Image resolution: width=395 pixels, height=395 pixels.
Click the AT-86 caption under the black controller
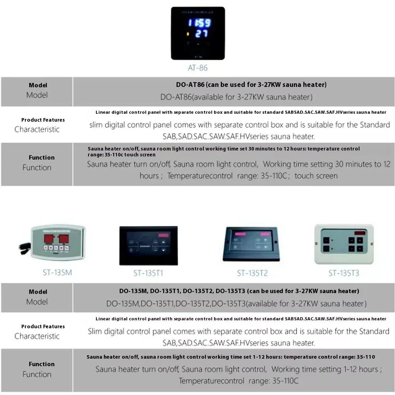(197, 68)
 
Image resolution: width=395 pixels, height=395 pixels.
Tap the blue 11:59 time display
(199, 23)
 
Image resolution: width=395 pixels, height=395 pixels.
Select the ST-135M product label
(57, 272)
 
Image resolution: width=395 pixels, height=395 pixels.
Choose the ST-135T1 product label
(148, 273)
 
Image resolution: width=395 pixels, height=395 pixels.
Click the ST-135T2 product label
(252, 273)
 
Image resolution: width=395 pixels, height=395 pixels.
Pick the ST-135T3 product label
(344, 273)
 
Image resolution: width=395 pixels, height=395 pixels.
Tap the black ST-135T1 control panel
(149, 245)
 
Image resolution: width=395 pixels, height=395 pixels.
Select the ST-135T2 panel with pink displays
(252, 244)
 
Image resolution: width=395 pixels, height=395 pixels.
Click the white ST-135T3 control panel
(344, 244)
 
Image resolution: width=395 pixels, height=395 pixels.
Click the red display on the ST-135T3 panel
(360, 233)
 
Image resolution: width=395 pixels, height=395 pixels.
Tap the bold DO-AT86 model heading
(251, 85)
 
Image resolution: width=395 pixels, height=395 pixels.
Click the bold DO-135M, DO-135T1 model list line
(239, 291)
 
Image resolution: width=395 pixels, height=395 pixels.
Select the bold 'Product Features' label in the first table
(43, 120)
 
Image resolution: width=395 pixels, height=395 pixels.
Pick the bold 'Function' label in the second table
(41, 364)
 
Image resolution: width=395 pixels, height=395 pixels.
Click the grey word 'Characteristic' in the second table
(37, 336)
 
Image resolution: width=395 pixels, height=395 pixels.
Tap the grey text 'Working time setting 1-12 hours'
(326, 370)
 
